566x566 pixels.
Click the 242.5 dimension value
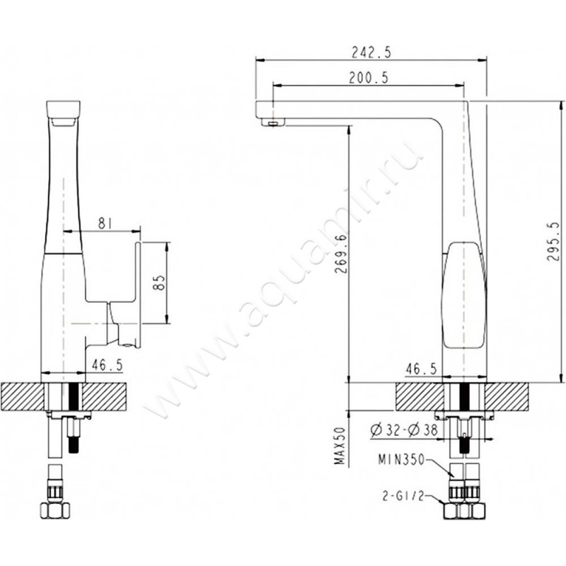pos(371,52)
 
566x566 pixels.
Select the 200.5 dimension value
pos(368,78)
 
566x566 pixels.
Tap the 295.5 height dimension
pos(553,241)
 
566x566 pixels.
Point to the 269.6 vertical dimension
pos(340,254)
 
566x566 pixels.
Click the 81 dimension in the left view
pos(105,224)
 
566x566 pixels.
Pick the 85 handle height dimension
pos(158,283)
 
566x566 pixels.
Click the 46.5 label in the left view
pos(108,365)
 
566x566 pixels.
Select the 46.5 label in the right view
pos(421,369)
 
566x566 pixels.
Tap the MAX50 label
pos(340,446)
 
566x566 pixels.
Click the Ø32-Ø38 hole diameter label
pos(404,429)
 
